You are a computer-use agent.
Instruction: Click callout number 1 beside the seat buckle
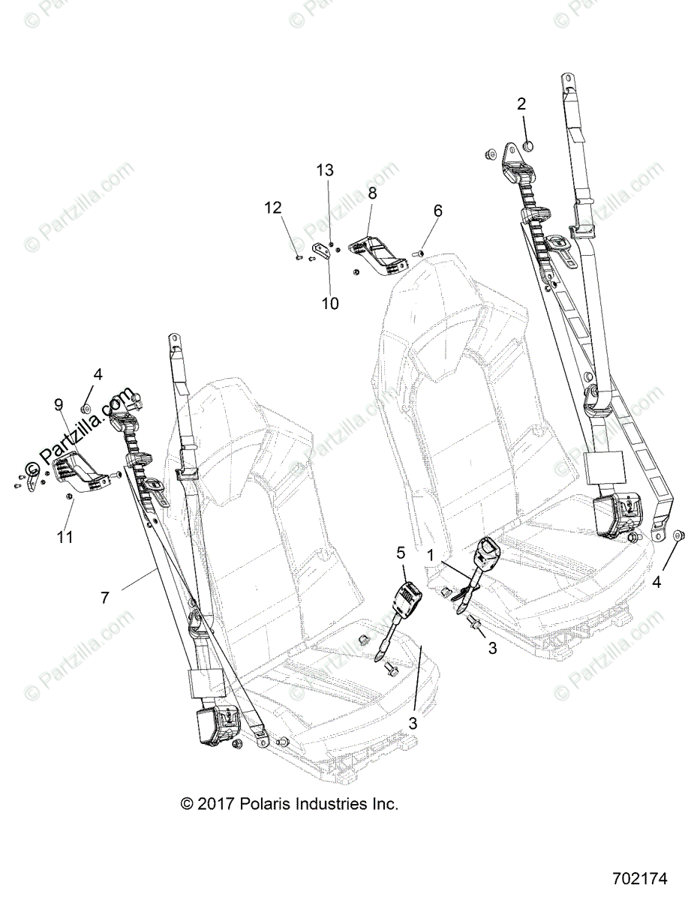pos(431,554)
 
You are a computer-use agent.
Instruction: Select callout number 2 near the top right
pos(521,104)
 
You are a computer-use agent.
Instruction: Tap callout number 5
pos(401,553)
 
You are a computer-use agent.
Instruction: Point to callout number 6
pos(438,211)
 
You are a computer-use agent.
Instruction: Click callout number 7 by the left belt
pos(105,597)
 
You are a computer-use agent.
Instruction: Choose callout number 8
pos(372,193)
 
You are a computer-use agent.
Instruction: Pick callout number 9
pos(59,405)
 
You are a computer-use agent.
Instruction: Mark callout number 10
pos(330,303)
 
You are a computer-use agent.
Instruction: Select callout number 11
pos(66,537)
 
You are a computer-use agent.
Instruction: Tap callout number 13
pos(325,170)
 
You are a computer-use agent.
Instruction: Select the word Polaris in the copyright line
pos(265,804)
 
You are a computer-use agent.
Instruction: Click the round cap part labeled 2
pos(527,146)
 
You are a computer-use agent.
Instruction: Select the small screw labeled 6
pos(420,256)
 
